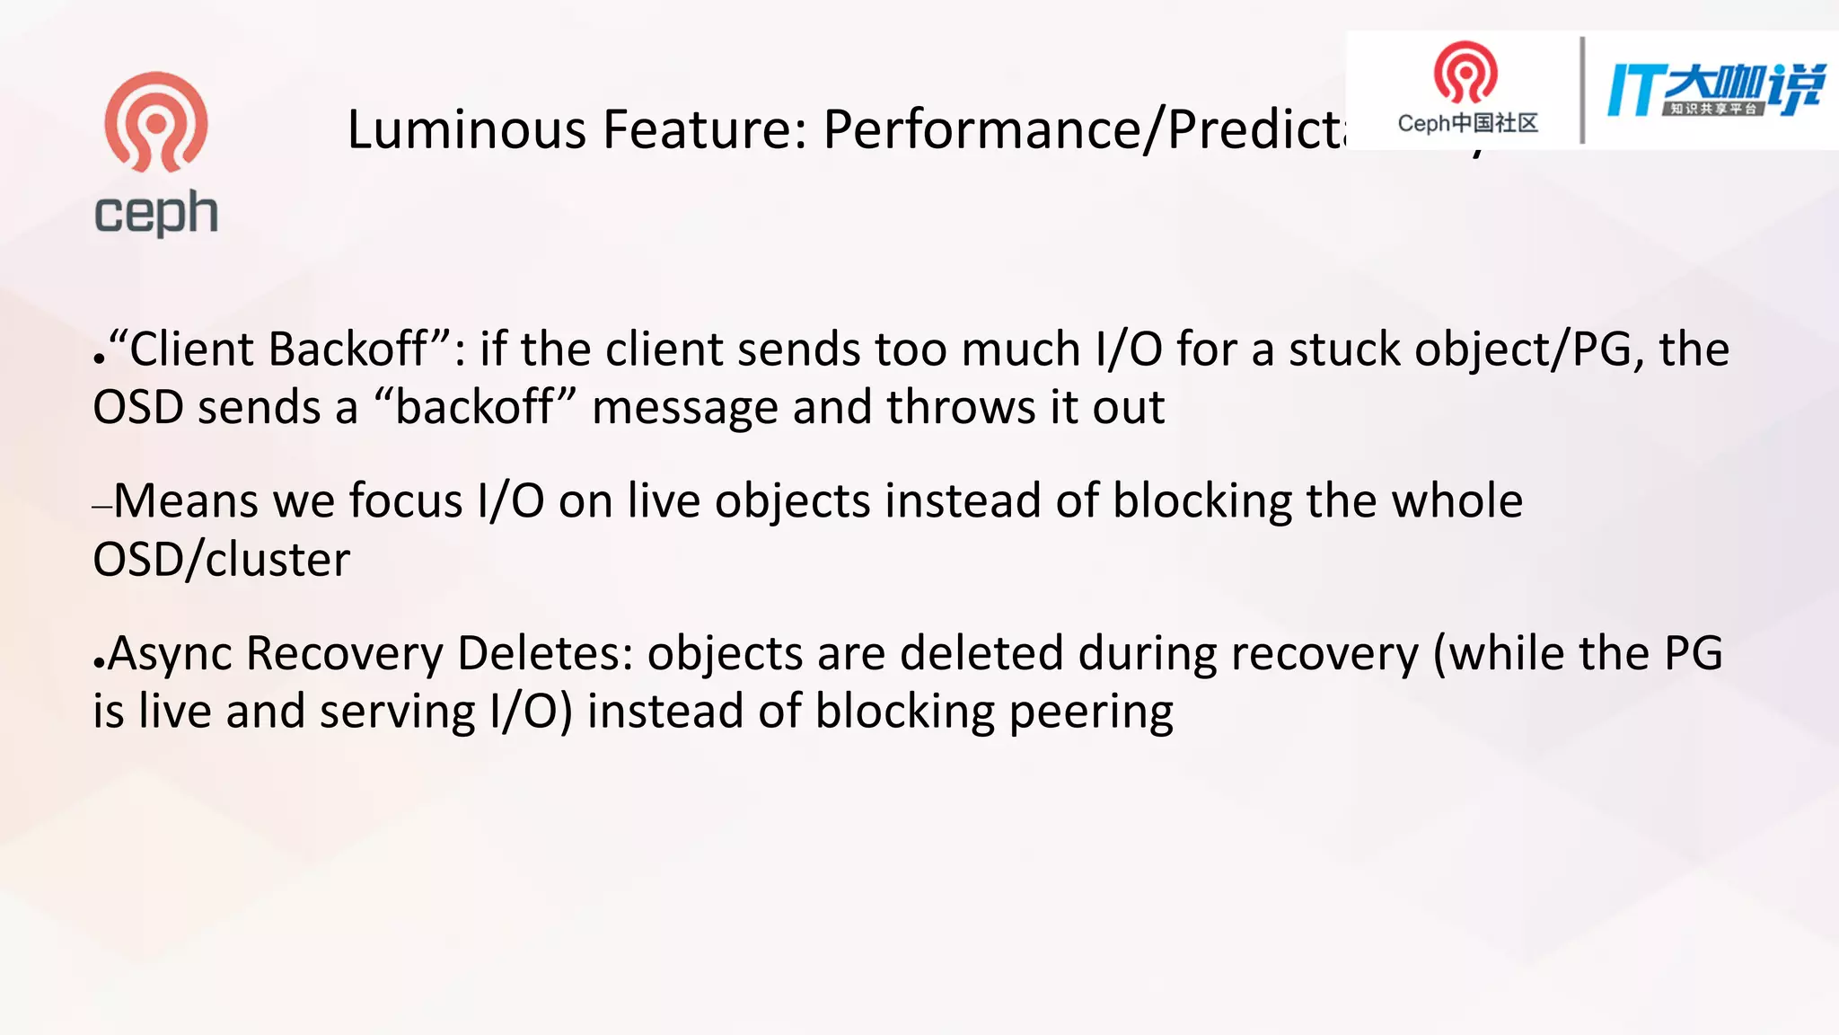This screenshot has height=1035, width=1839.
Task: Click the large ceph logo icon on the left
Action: tap(156, 122)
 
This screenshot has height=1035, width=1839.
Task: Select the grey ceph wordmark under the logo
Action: tap(156, 214)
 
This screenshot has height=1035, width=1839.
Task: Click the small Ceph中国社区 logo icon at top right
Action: tap(1465, 73)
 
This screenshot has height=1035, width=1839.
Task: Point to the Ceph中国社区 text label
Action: tap(1467, 123)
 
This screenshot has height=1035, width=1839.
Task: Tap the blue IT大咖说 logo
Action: tap(1715, 90)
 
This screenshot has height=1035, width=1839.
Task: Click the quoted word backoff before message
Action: tap(474, 407)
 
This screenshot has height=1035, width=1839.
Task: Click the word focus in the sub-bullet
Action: tap(406, 500)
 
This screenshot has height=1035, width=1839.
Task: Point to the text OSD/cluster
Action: tap(222, 560)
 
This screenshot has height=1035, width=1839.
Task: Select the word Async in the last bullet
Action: tap(171, 653)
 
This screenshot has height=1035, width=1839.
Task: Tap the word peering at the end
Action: tap(1091, 712)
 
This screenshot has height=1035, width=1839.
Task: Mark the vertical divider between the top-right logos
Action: tap(1581, 90)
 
